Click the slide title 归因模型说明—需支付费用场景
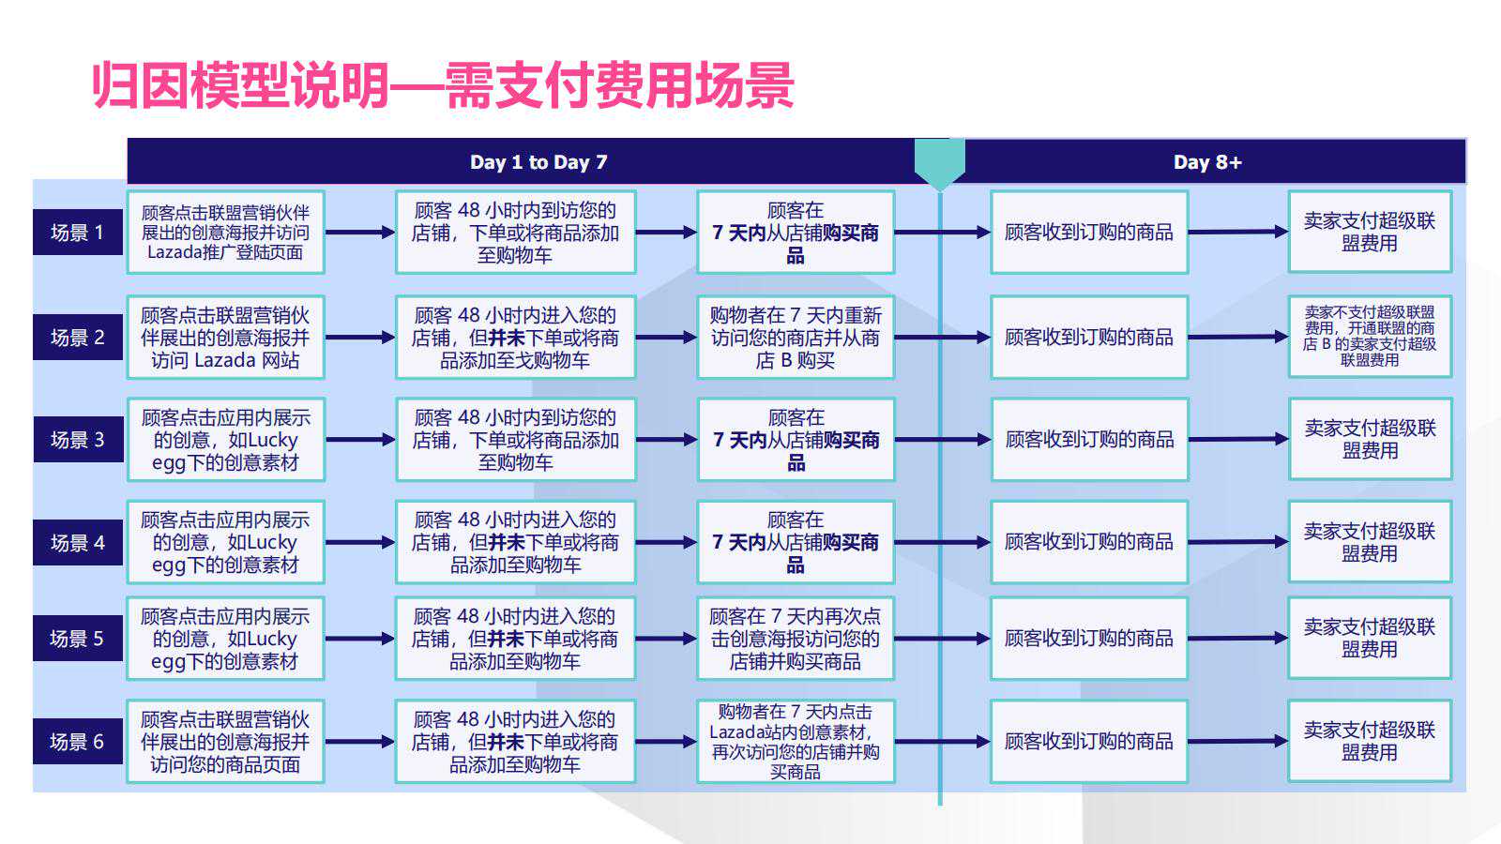pyautogui.click(x=443, y=85)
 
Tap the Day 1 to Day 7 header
pyautogui.click(x=538, y=162)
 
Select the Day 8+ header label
pyautogui.click(x=1207, y=162)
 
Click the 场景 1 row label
pyautogui.click(x=78, y=233)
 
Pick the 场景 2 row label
pyautogui.click(x=78, y=337)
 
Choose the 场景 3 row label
pyautogui.click(x=78, y=440)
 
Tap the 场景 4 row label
pyautogui.click(x=78, y=542)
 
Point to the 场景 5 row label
pyautogui.click(x=78, y=639)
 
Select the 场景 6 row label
pyautogui.click(x=78, y=742)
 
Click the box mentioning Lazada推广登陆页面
pyautogui.click(x=226, y=233)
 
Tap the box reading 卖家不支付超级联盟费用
pyautogui.click(x=1370, y=337)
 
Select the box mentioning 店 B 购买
pyautogui.click(x=796, y=338)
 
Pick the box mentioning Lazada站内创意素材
pyautogui.click(x=796, y=742)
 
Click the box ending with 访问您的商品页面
pyautogui.click(x=226, y=742)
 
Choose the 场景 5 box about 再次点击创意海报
pyautogui.click(x=796, y=639)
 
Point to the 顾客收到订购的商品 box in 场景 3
pyautogui.click(x=1089, y=440)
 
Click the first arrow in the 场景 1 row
pyautogui.click(x=360, y=233)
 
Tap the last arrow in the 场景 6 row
pyautogui.click(x=1238, y=742)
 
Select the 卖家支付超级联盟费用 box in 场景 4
pyautogui.click(x=1370, y=542)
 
